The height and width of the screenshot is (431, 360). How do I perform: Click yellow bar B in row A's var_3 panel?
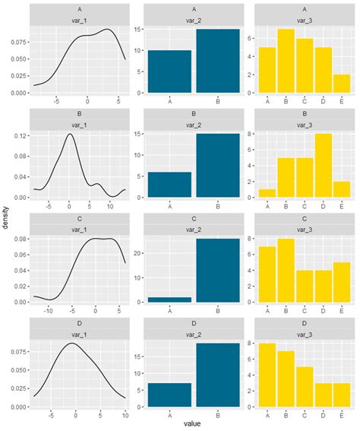286,62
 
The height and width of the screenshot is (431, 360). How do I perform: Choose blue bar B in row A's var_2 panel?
217,62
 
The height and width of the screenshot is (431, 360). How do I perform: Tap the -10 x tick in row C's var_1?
49,310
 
